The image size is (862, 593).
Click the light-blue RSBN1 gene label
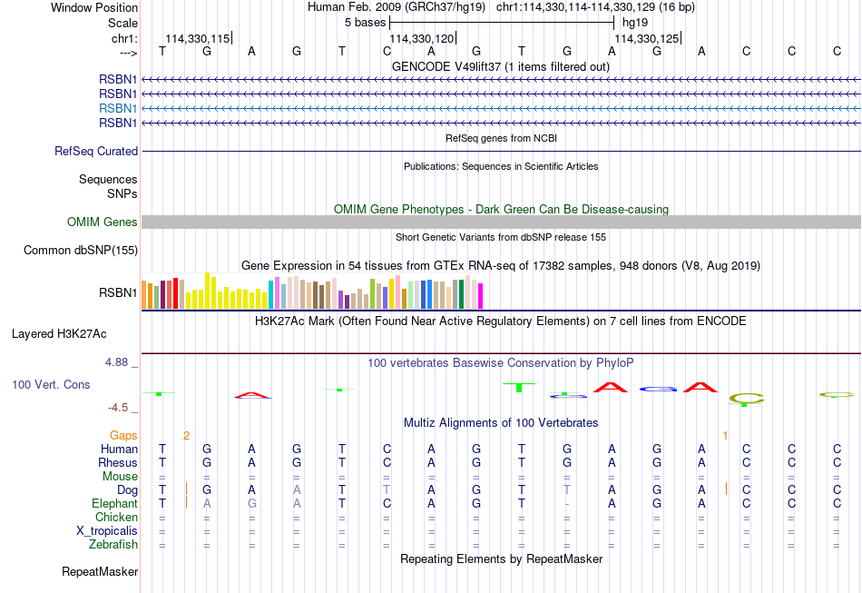(118, 108)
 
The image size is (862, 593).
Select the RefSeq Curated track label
(96, 152)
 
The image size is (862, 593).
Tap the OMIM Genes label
(103, 222)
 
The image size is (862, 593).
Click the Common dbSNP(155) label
(81, 251)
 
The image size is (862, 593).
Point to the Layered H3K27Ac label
(59, 334)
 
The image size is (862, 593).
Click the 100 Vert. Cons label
(51, 384)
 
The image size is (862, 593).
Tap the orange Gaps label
(123, 436)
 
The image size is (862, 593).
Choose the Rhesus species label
(118, 462)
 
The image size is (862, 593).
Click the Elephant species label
(114, 504)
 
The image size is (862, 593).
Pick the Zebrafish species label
(113, 545)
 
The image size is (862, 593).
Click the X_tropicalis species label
(107, 531)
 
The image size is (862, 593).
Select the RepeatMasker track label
(100, 572)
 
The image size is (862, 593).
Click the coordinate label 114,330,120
(422, 38)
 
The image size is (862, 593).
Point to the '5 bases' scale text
(365, 23)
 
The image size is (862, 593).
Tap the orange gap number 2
(186, 436)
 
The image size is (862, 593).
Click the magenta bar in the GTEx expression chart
(481, 296)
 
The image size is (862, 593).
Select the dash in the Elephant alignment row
(567, 504)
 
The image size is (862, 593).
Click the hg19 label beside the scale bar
(635, 23)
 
